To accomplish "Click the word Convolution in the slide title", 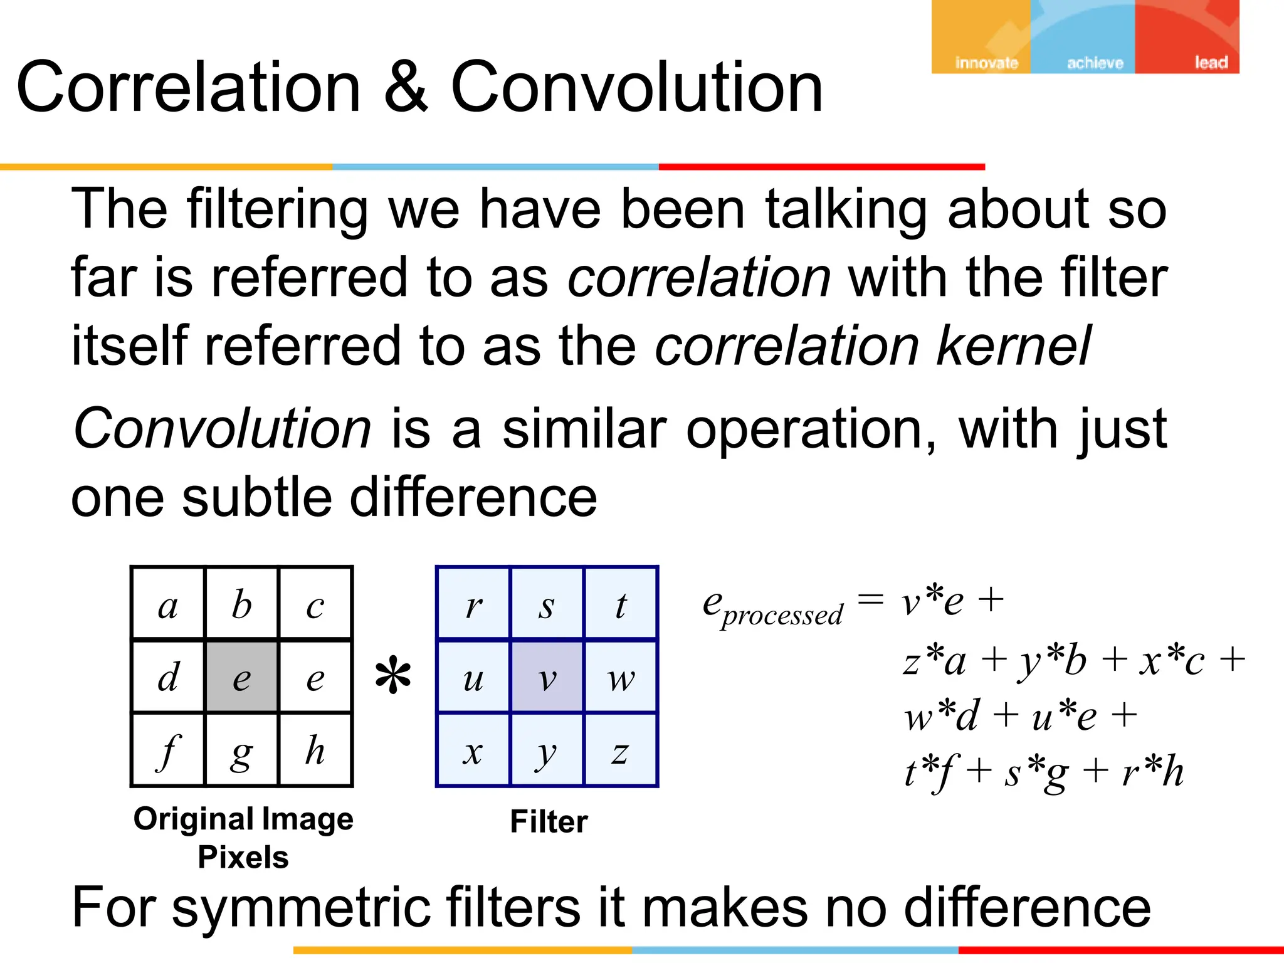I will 636,88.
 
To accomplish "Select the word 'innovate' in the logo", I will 986,63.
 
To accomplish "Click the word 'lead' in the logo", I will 1211,63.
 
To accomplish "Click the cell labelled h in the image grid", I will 315,750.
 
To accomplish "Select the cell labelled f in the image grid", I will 168,750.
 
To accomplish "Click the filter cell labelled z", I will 621,750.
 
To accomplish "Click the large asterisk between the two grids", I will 393,676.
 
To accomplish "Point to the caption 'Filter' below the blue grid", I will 549,821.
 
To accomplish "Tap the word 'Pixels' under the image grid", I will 243,857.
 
